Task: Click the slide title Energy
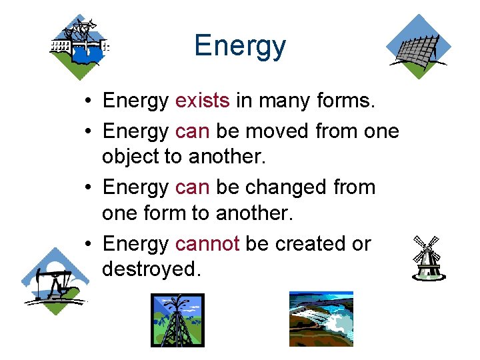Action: coord(240,46)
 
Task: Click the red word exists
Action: coord(202,101)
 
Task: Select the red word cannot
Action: coord(207,244)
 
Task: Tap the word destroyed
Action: coord(151,269)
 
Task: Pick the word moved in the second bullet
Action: coord(275,131)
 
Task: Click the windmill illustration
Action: coord(427,257)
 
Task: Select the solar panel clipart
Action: coord(419,47)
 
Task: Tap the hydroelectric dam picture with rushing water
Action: coord(321,319)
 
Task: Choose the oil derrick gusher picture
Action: coord(177,320)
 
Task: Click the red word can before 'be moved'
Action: coord(192,131)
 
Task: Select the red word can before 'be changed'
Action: coord(192,187)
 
